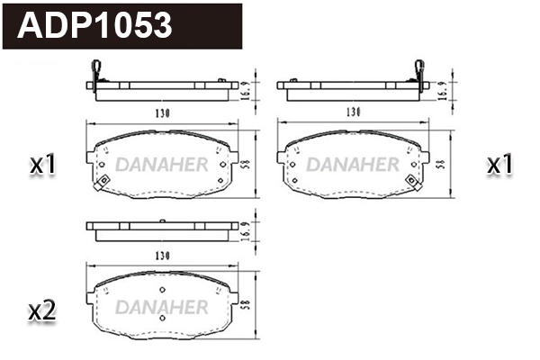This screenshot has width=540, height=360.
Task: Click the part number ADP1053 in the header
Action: pos(95,24)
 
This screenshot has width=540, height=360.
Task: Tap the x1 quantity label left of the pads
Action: pos(43,165)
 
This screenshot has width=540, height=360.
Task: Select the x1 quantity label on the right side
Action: pos(499,165)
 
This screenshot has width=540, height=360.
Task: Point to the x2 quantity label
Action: pos(43,311)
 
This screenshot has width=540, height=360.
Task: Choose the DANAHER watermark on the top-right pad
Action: pos(354,165)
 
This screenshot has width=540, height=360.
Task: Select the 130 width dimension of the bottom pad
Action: pos(161,255)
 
